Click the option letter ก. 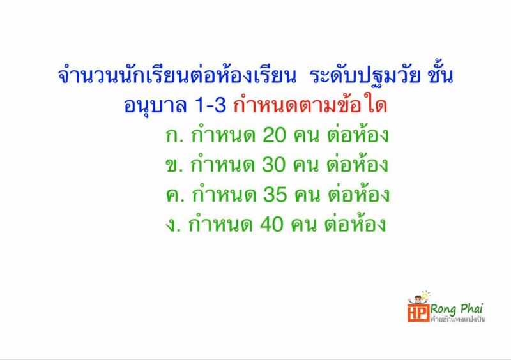coord(170,137)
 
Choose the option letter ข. coord(170,166)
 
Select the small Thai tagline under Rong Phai coord(458,319)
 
